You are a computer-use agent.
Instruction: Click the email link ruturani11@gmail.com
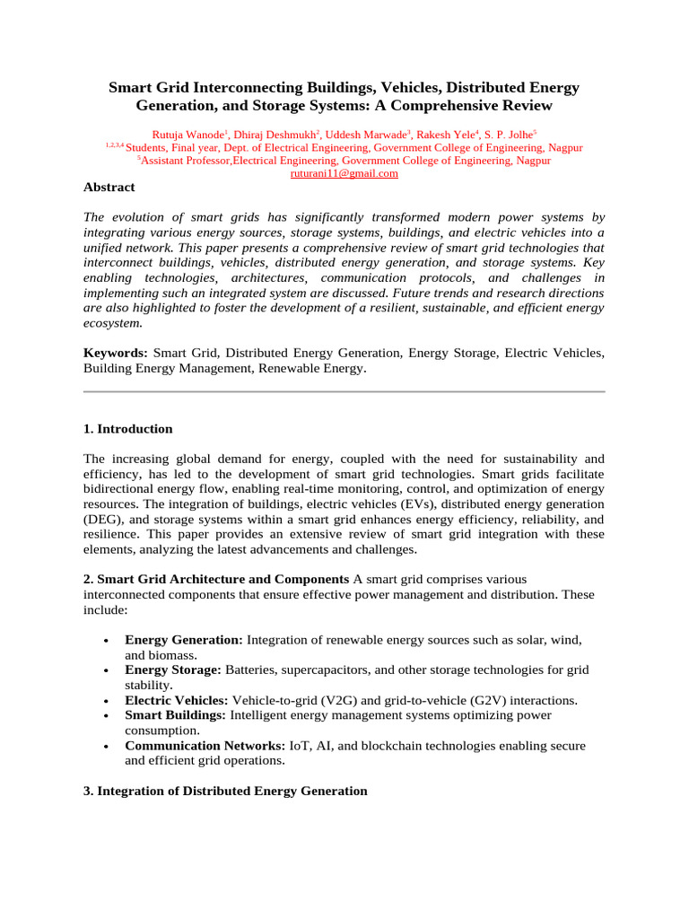[344, 174]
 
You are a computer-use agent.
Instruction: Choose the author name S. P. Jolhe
[509, 134]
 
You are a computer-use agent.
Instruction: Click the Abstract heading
[109, 188]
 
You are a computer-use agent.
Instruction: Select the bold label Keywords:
[116, 354]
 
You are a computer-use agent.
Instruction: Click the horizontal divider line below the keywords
[344, 392]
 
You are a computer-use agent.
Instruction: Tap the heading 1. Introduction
[127, 429]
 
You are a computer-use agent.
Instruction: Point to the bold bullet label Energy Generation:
[184, 640]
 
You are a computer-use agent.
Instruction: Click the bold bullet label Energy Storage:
[173, 670]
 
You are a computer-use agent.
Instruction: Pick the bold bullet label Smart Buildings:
[176, 715]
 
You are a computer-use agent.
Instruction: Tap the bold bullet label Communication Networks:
[205, 746]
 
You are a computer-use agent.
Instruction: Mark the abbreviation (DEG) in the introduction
[107, 519]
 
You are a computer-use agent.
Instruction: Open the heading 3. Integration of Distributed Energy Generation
[225, 791]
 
